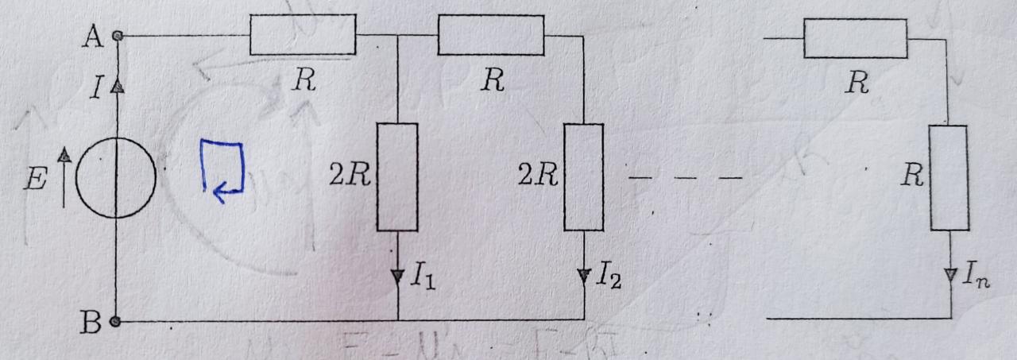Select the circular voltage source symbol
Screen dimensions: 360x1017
[116, 177]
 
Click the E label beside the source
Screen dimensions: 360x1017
[34, 180]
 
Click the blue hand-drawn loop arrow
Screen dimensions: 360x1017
[220, 167]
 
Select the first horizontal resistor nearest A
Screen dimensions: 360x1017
[302, 37]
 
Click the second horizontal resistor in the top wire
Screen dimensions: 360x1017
[490, 37]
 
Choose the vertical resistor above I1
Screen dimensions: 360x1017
[396, 176]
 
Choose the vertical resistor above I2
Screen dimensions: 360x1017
[584, 176]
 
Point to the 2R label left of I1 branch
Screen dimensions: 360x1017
[350, 176]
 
